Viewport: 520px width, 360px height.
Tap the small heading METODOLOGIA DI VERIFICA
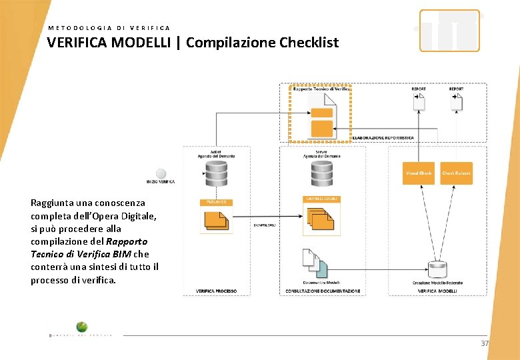point(109,28)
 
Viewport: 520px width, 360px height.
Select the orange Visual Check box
point(419,173)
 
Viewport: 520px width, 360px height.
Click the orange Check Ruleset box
point(456,173)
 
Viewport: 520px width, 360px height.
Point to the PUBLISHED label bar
point(217,201)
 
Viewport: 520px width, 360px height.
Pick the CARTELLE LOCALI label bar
point(322,199)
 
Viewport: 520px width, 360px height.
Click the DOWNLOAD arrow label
point(265,225)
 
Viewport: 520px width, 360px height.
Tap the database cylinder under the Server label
point(322,174)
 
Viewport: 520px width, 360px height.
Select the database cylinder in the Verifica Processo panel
point(217,175)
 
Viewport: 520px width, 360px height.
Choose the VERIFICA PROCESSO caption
point(216,291)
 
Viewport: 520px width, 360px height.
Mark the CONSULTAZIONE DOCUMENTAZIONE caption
point(323,291)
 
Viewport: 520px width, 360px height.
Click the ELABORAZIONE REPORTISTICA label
point(383,138)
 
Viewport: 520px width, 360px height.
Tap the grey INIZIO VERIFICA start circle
point(161,174)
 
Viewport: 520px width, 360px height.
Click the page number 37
point(485,343)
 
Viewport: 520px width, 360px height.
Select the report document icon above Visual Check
point(419,102)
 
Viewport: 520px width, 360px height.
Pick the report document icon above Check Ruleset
point(456,102)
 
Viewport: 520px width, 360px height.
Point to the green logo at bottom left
point(81,327)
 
